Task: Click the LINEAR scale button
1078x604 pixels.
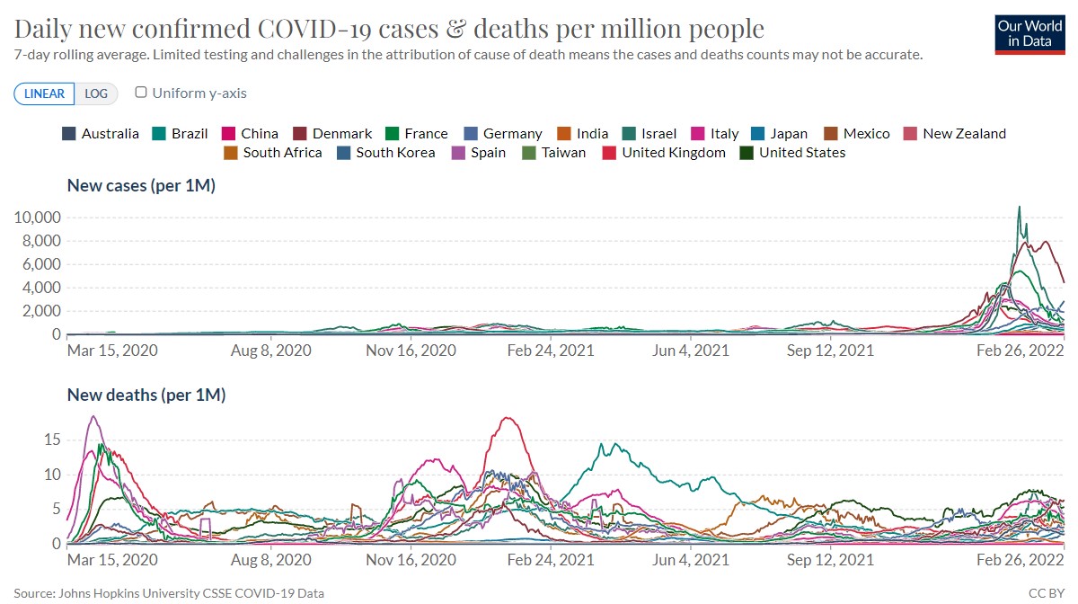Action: point(44,93)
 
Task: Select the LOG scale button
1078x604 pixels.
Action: point(95,93)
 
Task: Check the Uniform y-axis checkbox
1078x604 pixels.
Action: point(141,93)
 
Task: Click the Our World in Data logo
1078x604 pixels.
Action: point(1030,34)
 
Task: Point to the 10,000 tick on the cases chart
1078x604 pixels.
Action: point(37,218)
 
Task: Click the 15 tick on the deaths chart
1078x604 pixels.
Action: point(51,440)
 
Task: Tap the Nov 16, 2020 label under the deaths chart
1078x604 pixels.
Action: point(411,559)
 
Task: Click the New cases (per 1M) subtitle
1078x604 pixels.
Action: point(141,186)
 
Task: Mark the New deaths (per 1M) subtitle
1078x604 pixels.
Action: point(146,395)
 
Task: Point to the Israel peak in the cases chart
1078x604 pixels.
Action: point(1019,208)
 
